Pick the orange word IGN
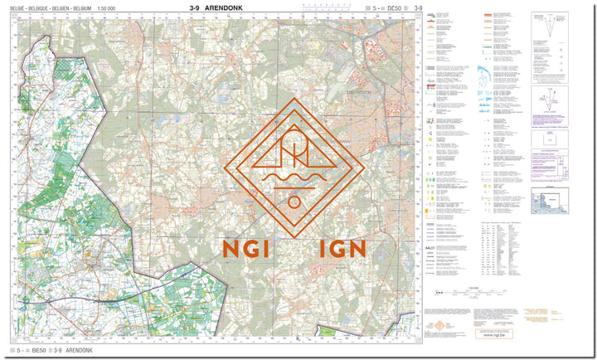coord(342,248)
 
